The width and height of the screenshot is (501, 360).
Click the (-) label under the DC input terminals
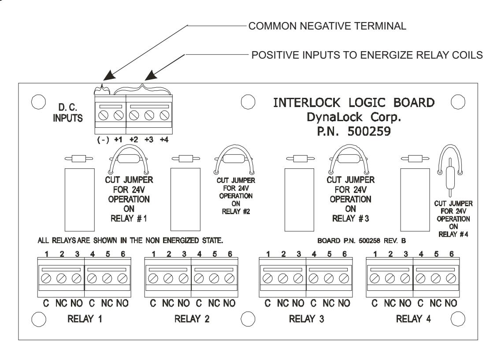[x=103, y=140]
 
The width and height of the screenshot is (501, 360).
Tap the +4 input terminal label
[x=164, y=140]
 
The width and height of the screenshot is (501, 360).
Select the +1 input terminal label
[x=118, y=140]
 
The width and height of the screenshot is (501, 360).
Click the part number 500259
[x=369, y=131]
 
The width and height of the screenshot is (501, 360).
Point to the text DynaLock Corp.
[x=354, y=117]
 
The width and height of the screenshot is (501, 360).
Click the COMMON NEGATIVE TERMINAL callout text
[x=327, y=26]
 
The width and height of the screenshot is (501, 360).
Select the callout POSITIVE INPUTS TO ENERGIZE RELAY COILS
[x=367, y=55]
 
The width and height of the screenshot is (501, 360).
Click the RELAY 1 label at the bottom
[x=85, y=319]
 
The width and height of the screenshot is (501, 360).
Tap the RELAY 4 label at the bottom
[x=413, y=319]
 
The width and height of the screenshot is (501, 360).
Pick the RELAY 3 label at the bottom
[x=306, y=319]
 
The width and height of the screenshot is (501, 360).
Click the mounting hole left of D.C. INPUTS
[x=38, y=102]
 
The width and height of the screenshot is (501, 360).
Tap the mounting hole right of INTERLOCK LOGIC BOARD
[x=458, y=102]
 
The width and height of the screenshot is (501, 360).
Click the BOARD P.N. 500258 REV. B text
[x=362, y=241]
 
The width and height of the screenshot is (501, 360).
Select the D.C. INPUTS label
[x=67, y=113]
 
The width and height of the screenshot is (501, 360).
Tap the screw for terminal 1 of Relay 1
[x=46, y=278]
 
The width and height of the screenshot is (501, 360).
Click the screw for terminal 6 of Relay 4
[x=451, y=278]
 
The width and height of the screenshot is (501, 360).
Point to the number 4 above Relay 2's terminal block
[x=199, y=254]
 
